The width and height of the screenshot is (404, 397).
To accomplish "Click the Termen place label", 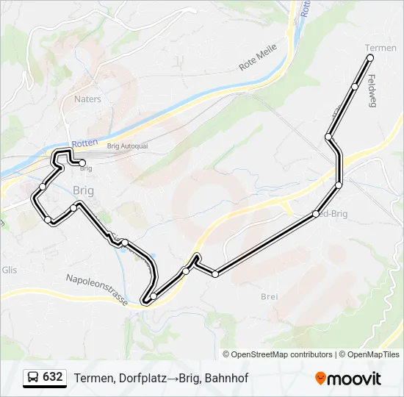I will (x=380, y=48).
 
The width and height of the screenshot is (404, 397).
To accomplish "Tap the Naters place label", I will (x=87, y=99).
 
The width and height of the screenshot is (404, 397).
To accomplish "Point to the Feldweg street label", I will (x=372, y=91).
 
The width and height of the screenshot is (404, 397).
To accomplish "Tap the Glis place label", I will (x=9, y=269).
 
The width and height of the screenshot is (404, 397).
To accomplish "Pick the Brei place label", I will (x=269, y=296).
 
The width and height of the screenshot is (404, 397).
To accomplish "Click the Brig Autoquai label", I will (x=128, y=146).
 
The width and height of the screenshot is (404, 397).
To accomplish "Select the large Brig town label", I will (x=84, y=190).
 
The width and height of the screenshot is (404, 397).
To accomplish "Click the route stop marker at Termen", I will (x=370, y=57).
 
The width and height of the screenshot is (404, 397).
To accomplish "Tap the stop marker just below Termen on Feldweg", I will (x=355, y=87).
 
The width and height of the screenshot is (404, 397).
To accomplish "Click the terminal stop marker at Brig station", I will (x=82, y=163).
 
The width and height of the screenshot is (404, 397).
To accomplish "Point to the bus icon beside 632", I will (x=33, y=378).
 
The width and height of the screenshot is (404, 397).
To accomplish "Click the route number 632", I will (x=53, y=377).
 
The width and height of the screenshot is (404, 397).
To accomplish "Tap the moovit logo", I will (x=348, y=378).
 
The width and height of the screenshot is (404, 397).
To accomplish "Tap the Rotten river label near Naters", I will (x=84, y=144).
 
